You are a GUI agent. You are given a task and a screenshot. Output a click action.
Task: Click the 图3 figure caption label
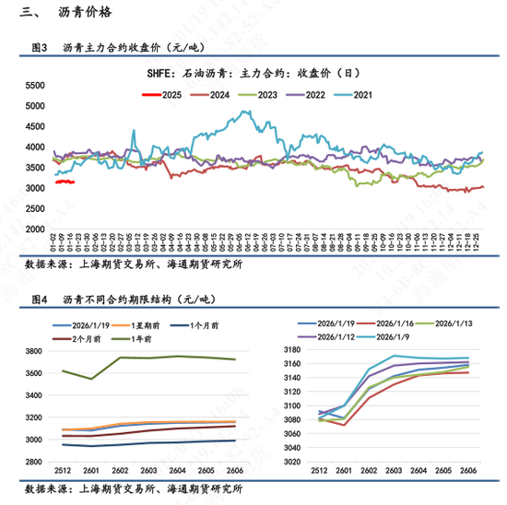39,47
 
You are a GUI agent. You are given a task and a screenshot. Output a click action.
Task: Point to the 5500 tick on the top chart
35,85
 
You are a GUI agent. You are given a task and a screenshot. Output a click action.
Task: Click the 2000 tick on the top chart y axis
35,229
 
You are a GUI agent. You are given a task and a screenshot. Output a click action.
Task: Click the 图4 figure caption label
39,299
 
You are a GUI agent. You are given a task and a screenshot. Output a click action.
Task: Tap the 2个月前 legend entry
81,338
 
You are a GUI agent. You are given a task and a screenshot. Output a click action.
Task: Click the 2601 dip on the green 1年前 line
91,379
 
